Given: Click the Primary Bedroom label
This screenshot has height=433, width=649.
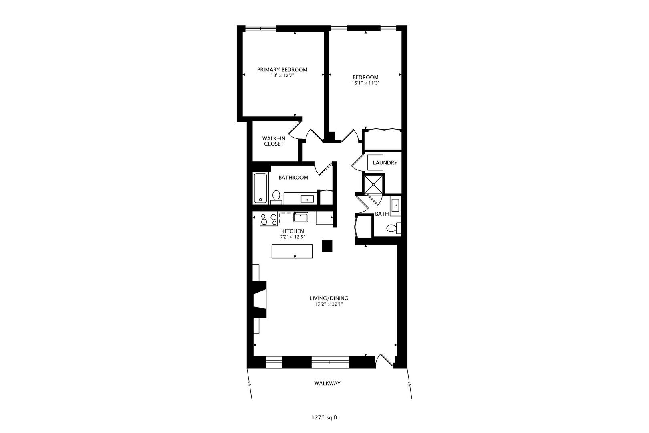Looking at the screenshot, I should point(282,69).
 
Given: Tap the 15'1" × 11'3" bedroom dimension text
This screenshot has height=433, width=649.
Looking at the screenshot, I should point(365,83).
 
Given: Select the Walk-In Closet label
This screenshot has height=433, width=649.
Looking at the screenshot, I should point(274,141).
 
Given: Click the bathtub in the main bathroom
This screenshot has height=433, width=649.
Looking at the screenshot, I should point(260,188).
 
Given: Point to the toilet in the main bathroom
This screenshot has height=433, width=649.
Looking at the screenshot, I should point(276,196).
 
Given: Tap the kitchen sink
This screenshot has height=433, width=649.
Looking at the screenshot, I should point(300,218).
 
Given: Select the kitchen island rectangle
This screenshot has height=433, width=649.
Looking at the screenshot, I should point(292,251).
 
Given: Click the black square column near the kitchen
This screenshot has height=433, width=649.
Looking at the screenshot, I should point(327,246).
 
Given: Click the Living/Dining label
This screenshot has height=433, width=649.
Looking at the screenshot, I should point(329,298).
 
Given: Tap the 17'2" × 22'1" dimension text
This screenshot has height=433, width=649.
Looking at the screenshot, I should point(329,304).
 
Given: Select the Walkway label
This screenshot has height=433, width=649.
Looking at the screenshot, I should point(327,383).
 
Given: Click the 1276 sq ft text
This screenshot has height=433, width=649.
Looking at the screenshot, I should point(324,417).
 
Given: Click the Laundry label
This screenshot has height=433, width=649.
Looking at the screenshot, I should point(385,163).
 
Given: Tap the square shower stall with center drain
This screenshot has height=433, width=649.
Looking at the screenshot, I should point(373,184).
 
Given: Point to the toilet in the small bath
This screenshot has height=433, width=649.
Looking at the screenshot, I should point(393,229).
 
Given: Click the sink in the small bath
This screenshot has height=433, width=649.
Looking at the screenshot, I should point(395,206).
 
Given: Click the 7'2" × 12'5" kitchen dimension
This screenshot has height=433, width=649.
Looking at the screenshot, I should point(292,237).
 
